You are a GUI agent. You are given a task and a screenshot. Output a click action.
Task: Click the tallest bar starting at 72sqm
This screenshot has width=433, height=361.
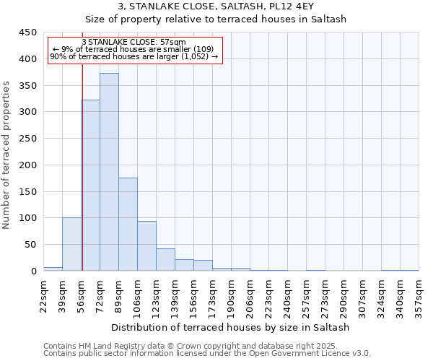109,172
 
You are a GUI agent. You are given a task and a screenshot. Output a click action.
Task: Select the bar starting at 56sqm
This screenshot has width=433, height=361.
90,186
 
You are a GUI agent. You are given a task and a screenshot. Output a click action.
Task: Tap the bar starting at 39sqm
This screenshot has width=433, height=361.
71,244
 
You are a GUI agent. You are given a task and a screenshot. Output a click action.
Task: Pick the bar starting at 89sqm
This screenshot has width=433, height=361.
128,224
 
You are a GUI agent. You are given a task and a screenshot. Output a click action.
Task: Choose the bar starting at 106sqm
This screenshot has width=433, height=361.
146,245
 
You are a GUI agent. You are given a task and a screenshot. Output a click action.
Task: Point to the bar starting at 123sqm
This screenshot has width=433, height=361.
165,259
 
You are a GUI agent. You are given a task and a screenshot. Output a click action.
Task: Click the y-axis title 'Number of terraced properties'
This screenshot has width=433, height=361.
7,155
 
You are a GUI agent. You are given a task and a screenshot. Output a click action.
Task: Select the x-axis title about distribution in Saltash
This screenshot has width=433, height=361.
231,327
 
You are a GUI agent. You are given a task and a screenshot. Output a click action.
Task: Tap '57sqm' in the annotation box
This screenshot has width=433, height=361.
172,42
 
